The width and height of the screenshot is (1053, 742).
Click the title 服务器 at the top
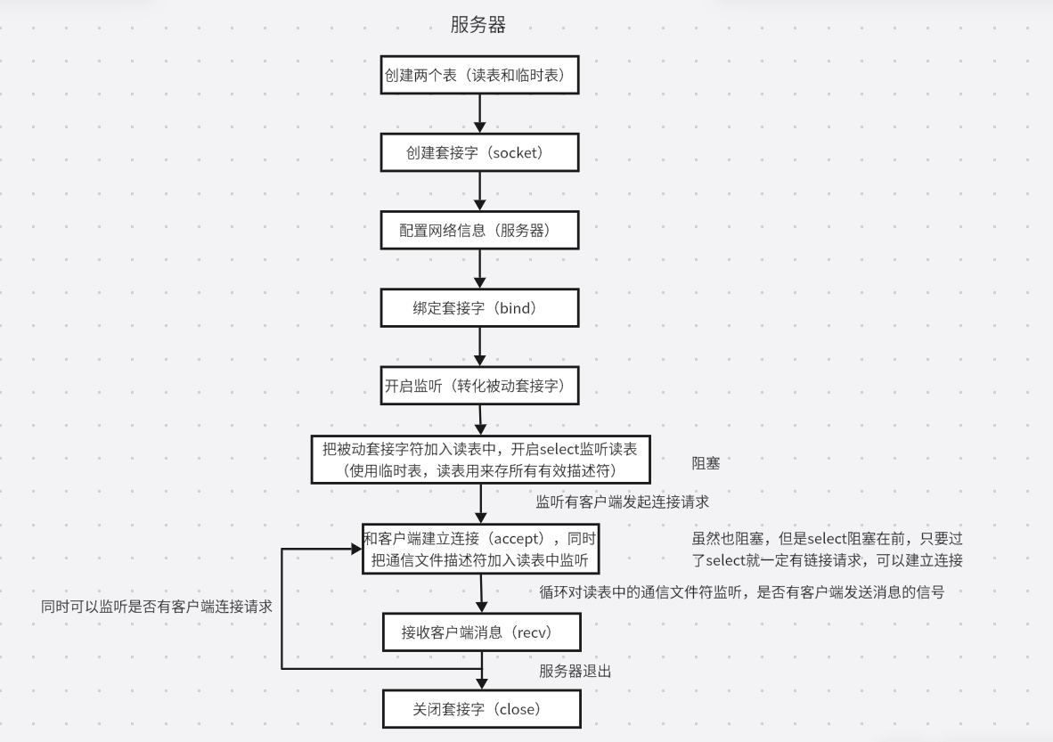(x=478, y=25)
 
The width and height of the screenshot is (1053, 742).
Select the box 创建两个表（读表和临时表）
(x=480, y=76)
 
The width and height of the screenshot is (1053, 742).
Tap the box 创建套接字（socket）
(x=480, y=152)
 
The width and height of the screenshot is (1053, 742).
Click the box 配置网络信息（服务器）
(x=480, y=230)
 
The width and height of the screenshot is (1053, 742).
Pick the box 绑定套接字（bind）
(x=480, y=307)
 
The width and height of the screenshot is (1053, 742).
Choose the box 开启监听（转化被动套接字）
(x=480, y=385)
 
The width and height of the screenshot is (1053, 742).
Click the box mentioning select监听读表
(x=480, y=459)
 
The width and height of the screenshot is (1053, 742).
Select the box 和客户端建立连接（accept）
(x=480, y=549)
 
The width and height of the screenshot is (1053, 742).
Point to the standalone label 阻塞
(x=706, y=463)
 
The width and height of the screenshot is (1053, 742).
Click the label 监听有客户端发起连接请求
(x=622, y=501)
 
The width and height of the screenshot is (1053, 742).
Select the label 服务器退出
(x=575, y=671)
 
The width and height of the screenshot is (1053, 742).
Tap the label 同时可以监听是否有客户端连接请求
(x=156, y=606)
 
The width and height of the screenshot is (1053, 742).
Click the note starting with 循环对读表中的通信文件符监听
(x=741, y=592)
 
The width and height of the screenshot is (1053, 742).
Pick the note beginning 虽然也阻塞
(x=827, y=550)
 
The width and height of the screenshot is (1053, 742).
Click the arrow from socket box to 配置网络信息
(x=480, y=191)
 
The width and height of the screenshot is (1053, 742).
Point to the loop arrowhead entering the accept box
(x=355, y=549)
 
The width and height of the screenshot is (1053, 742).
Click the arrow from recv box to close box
(x=481, y=672)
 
